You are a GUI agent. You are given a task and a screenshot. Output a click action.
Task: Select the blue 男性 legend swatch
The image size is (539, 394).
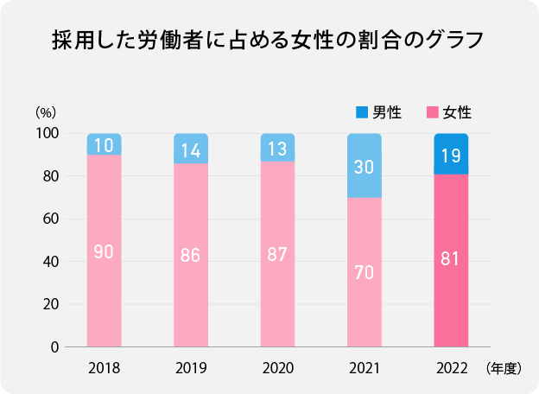[362, 112]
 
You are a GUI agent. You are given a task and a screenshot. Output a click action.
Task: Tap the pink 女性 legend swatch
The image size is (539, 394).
[433, 112]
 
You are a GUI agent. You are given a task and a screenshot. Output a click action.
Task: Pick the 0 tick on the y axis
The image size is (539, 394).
[54, 347]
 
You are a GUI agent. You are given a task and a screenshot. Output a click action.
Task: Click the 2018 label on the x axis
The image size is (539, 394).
[104, 369]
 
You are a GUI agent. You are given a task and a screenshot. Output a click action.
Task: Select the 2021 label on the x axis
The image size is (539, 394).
[364, 369]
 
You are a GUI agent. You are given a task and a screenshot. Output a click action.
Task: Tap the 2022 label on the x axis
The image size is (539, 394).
[450, 369]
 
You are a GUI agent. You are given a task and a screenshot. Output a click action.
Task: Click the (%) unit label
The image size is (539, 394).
[46, 112]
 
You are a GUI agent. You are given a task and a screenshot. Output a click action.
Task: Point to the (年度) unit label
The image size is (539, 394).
[504, 369]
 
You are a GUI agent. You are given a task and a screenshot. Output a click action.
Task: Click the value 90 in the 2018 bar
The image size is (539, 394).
[104, 252]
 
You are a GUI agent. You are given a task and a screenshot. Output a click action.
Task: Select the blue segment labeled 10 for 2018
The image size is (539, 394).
[104, 145]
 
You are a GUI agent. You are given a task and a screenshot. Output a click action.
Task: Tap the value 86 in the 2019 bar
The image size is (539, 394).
[191, 256]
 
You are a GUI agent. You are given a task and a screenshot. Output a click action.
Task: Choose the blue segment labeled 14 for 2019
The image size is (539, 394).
[191, 149]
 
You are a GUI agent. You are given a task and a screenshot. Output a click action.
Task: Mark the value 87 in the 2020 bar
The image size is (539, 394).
[277, 256]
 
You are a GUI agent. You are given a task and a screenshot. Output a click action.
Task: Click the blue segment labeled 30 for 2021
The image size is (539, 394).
[364, 166]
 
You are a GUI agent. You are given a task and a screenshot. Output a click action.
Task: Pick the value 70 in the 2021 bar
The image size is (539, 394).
[364, 273]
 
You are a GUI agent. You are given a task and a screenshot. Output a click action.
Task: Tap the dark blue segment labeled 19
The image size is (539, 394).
[450, 155]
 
